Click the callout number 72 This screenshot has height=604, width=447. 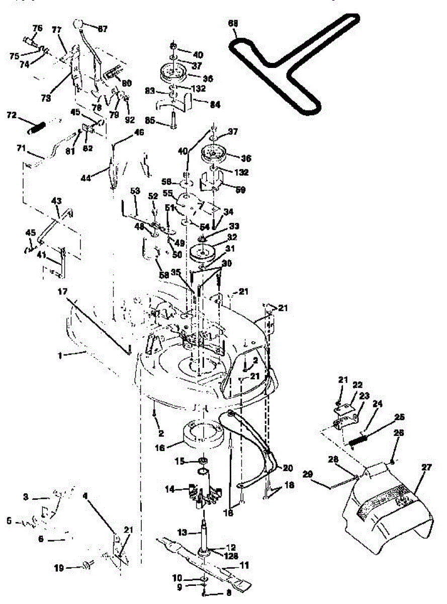[11, 116]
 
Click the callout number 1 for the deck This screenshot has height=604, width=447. [60, 355]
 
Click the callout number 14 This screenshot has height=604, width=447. [170, 488]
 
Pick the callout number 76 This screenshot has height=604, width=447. [38, 27]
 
